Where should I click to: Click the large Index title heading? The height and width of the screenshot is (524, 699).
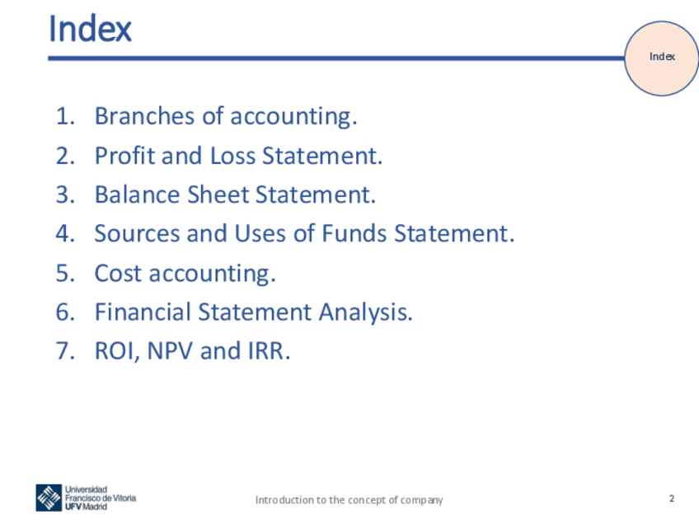click(x=90, y=29)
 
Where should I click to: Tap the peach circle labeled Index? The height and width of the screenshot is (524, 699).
click(x=662, y=58)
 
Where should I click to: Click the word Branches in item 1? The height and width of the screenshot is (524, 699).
click(x=144, y=116)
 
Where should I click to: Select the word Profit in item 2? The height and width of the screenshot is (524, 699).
click(x=124, y=156)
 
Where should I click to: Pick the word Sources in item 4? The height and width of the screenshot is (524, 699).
click(x=137, y=233)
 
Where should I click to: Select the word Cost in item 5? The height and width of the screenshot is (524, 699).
click(x=118, y=274)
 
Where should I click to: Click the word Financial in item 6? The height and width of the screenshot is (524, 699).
click(x=143, y=312)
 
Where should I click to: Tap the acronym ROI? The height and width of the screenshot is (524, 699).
click(x=115, y=351)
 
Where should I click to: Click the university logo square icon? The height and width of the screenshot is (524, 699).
click(x=49, y=498)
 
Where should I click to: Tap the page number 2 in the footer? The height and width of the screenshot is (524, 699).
click(x=671, y=498)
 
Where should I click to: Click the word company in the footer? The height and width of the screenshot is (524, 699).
click(x=421, y=500)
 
